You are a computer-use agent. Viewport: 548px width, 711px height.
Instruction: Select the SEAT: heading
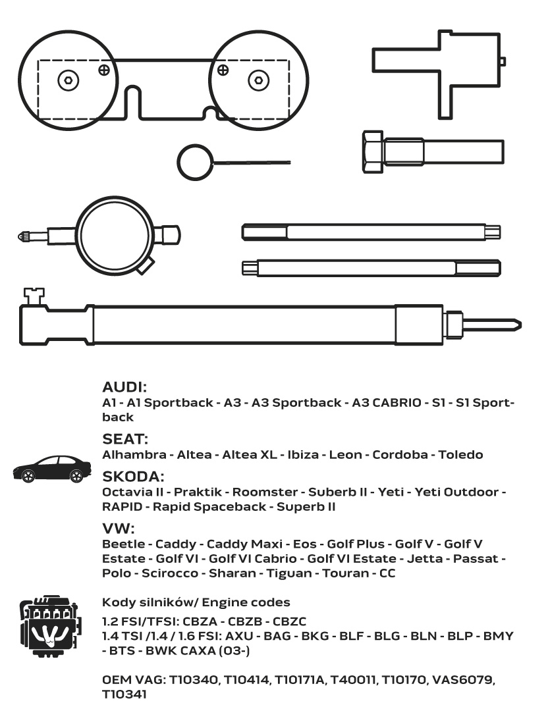(125, 438)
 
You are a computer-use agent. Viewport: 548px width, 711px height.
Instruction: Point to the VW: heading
(119, 528)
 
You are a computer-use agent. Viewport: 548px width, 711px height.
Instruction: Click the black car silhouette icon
(52, 469)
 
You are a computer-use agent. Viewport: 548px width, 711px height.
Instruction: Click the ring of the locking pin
(194, 161)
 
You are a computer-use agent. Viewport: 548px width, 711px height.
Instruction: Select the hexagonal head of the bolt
(372, 149)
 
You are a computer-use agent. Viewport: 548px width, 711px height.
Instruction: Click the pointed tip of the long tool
(516, 324)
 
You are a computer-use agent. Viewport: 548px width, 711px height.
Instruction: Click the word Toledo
(460, 455)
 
